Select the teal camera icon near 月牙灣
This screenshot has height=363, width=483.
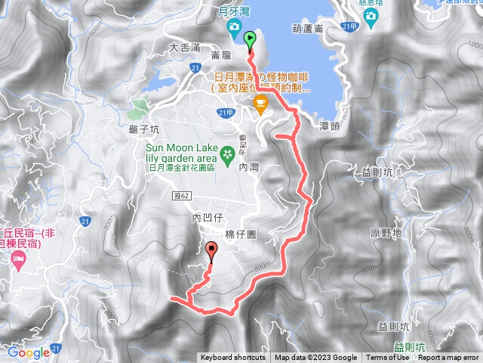(x=234, y=28)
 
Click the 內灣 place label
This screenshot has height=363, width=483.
(x=248, y=166)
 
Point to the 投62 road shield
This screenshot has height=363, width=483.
(x=183, y=196)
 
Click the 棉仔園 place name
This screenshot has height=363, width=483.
(x=241, y=234)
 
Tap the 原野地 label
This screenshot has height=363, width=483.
(x=386, y=233)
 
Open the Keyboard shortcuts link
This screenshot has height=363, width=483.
(x=233, y=358)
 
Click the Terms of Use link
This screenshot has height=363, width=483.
(x=388, y=358)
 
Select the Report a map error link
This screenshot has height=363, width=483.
(x=449, y=358)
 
